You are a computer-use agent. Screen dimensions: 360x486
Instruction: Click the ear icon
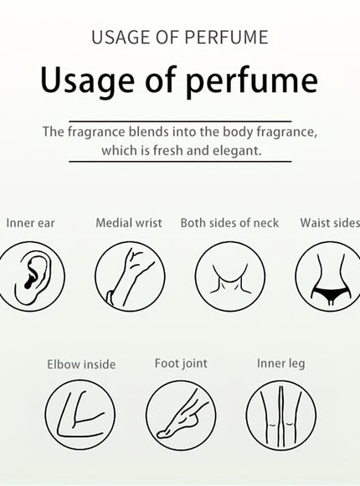[x=30, y=277]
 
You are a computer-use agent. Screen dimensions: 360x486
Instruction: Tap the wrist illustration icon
[x=130, y=277]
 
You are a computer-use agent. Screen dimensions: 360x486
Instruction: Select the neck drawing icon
[x=230, y=277]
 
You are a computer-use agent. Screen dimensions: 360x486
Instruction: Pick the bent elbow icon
[x=80, y=416]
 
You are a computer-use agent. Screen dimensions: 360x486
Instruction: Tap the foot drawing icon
[x=181, y=416]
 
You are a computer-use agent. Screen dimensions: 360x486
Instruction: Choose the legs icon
[x=281, y=416]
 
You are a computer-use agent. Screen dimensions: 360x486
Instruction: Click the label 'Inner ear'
[x=30, y=223]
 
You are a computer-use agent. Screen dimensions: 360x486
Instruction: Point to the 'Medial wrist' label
[x=129, y=223]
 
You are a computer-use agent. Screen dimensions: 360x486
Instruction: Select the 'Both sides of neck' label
[x=229, y=223]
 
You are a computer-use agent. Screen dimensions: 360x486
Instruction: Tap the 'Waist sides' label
[x=330, y=223]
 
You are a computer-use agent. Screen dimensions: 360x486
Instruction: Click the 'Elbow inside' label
[x=81, y=364]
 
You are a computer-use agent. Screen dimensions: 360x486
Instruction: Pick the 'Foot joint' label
[x=181, y=364]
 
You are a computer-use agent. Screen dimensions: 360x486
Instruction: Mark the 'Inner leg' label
[x=281, y=364]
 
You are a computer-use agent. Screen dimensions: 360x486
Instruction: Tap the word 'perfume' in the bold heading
[x=251, y=82]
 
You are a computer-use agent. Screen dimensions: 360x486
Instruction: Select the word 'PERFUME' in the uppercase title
[x=227, y=37]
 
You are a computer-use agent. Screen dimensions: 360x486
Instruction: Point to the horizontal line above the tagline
[x=180, y=121]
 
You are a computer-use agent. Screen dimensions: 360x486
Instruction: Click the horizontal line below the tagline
[x=180, y=162]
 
